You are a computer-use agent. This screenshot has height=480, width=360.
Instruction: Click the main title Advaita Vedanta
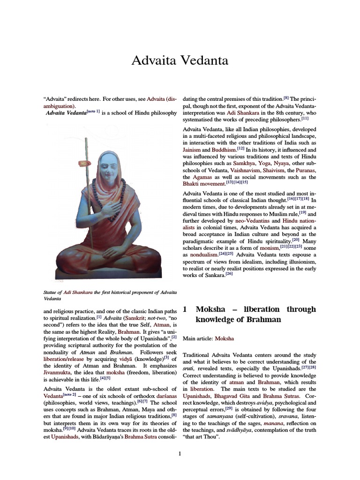[180, 60]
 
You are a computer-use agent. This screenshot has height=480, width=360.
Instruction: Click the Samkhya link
[252, 163]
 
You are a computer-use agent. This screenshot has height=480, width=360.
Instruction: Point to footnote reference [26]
[229, 274]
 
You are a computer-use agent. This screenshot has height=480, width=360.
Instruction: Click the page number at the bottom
[180, 453]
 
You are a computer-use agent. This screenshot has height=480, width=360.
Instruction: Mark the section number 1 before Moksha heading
[185, 309]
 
